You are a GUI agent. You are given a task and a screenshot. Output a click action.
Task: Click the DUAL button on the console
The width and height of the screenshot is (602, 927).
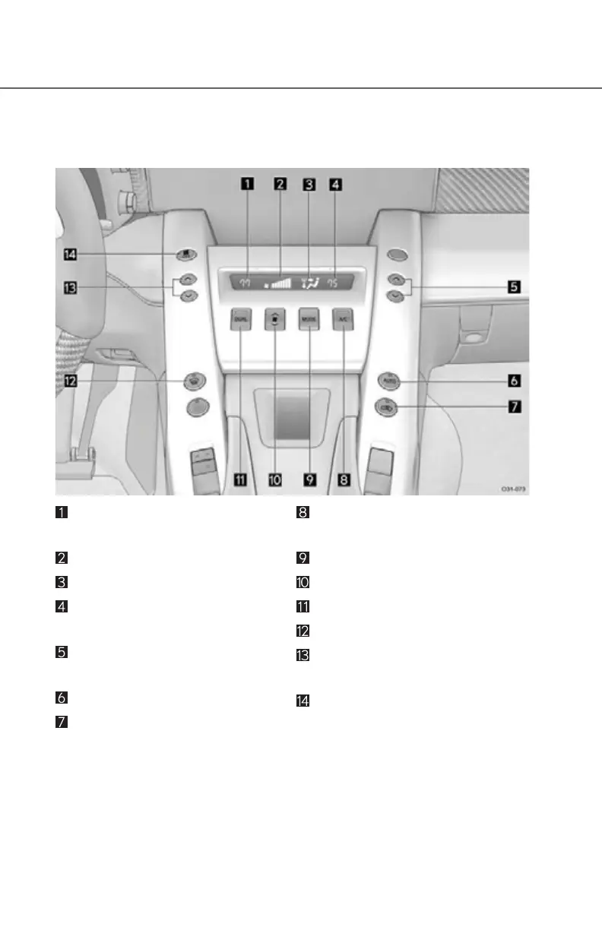241,320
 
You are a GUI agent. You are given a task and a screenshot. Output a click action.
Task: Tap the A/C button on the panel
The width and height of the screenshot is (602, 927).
343,319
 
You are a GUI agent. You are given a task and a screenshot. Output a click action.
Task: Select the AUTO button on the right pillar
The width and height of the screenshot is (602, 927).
391,378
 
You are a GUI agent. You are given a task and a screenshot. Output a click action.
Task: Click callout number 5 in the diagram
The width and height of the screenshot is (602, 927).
515,287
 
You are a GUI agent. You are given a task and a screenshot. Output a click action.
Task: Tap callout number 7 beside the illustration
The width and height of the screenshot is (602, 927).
515,407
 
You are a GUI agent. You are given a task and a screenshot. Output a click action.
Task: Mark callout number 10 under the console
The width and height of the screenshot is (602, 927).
274,479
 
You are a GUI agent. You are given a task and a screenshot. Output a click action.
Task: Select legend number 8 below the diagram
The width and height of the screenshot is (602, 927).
303,513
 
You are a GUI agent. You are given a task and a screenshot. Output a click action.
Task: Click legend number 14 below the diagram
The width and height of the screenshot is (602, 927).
303,701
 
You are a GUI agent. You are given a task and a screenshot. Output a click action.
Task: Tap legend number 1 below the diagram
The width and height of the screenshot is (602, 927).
61,513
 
